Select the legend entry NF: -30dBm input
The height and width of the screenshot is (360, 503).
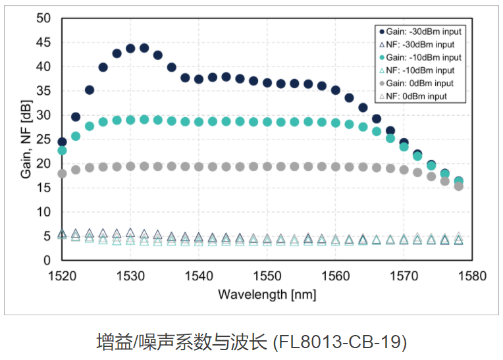tap(419, 45)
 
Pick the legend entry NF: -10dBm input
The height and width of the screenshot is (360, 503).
tap(419, 70)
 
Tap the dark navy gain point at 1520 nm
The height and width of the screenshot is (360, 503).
tap(62, 141)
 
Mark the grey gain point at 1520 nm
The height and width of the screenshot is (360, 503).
tap(62, 174)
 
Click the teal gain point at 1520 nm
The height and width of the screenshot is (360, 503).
tap(62, 151)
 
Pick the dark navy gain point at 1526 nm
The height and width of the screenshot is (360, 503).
tap(103, 67)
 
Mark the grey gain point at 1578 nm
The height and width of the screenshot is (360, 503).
tap(459, 186)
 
